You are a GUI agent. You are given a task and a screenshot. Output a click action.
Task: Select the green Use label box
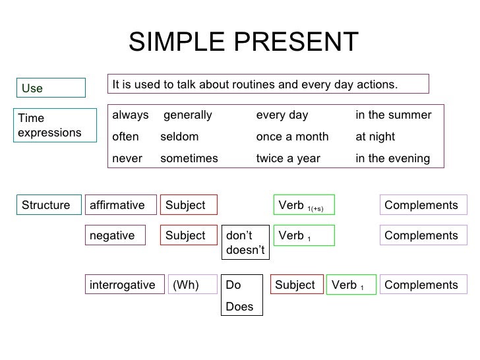pyautogui.click(x=52, y=88)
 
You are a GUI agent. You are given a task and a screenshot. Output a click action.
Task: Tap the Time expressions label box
pyautogui.click(x=52, y=125)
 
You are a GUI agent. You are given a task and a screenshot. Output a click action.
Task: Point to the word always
pyautogui.click(x=131, y=115)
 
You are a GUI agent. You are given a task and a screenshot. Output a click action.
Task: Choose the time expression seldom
pyautogui.click(x=179, y=137)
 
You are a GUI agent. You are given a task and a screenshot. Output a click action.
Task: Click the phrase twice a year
pyautogui.click(x=287, y=159)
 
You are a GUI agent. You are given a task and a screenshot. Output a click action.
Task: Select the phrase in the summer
pyautogui.click(x=393, y=115)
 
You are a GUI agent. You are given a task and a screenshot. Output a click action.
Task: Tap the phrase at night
pyautogui.click(x=375, y=137)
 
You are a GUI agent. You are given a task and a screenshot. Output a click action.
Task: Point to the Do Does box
pyautogui.click(x=241, y=295)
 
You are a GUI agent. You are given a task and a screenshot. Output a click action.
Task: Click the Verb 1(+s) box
pyautogui.click(x=304, y=206)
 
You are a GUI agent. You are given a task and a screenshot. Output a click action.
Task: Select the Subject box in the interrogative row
pyautogui.click(x=297, y=285)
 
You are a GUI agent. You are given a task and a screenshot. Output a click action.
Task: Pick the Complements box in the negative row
pyautogui.click(x=422, y=235)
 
